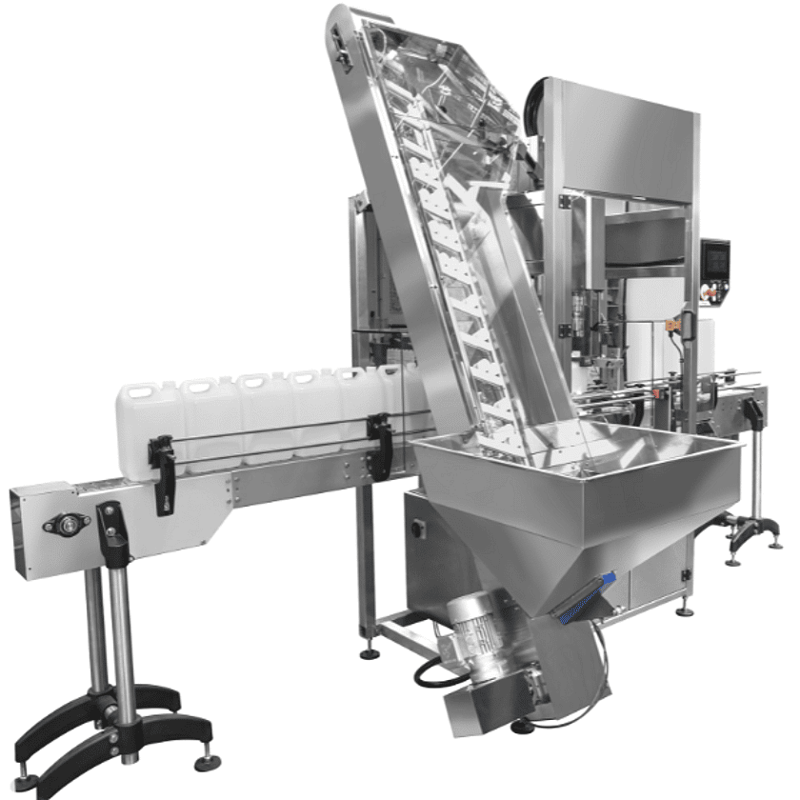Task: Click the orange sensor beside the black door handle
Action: [673, 327]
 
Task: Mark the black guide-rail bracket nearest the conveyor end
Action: [163, 466]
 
